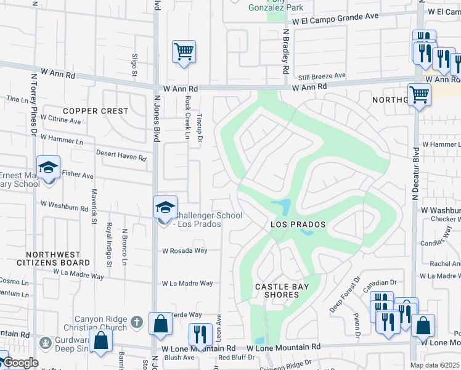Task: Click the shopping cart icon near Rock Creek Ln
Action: click(184, 52)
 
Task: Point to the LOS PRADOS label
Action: click(298, 224)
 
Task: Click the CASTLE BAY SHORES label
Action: click(277, 290)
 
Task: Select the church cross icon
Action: click(137, 321)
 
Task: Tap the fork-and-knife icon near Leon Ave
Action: click(200, 335)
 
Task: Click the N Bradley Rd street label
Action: click(286, 52)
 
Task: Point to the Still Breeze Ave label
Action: click(322, 76)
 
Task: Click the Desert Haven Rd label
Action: click(121, 155)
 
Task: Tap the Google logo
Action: click(20, 363)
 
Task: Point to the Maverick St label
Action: click(94, 207)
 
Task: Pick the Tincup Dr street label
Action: click(199, 126)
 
